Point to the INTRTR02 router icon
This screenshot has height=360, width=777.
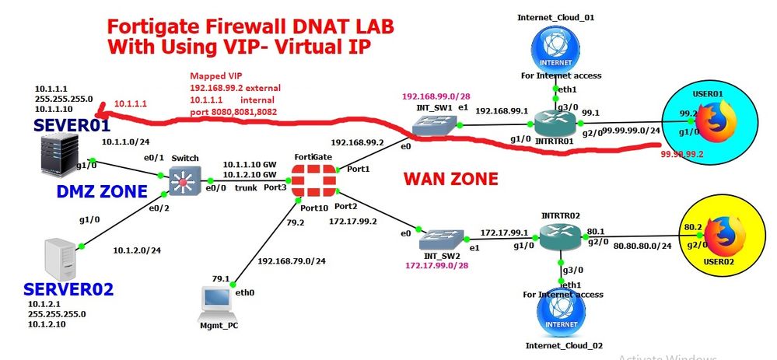(x=560, y=236)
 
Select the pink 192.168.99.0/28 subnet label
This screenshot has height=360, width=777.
(x=436, y=97)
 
